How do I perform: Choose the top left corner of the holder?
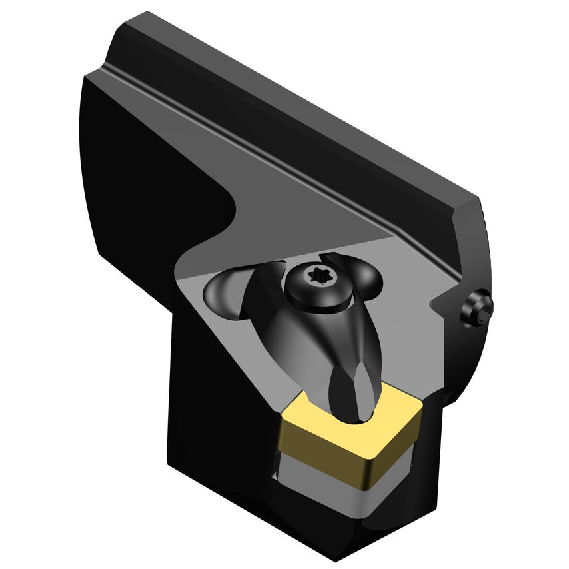89,76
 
